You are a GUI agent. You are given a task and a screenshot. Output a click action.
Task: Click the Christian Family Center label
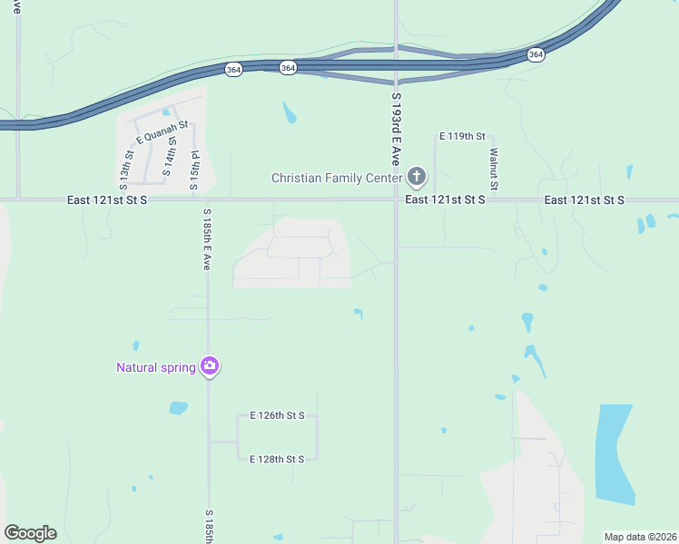(x=336, y=178)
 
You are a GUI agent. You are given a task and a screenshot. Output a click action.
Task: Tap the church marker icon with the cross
(x=417, y=176)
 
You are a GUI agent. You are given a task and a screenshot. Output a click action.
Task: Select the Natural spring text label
(x=155, y=367)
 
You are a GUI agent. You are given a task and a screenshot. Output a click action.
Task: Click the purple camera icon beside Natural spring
(x=210, y=366)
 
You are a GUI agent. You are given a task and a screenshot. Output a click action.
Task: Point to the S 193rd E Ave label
(x=396, y=127)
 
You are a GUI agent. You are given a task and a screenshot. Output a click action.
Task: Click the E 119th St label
(x=463, y=136)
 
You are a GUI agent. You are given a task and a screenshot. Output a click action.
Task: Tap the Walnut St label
(x=494, y=168)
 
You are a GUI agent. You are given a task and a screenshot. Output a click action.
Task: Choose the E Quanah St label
(x=162, y=132)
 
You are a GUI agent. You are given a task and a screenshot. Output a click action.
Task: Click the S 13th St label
(x=128, y=167)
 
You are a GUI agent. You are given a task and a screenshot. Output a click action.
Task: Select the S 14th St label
(x=169, y=156)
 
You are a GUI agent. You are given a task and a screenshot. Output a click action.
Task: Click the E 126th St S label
(x=277, y=416)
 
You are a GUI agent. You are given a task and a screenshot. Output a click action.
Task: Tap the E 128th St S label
(x=277, y=460)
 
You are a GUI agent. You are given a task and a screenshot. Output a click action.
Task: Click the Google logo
(x=30, y=533)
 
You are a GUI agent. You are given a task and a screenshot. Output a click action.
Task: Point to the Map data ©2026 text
(x=640, y=537)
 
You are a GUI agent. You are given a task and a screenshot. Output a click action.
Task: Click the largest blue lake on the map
(x=615, y=453)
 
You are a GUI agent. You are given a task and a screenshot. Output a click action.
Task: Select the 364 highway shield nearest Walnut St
(x=536, y=55)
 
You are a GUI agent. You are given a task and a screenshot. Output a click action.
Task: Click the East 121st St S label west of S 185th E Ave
(x=107, y=199)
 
